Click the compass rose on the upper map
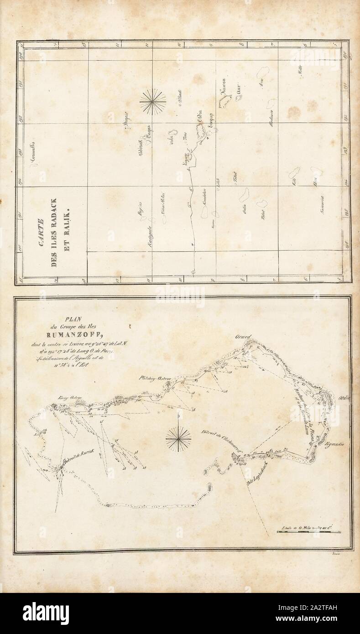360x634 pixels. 153,101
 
